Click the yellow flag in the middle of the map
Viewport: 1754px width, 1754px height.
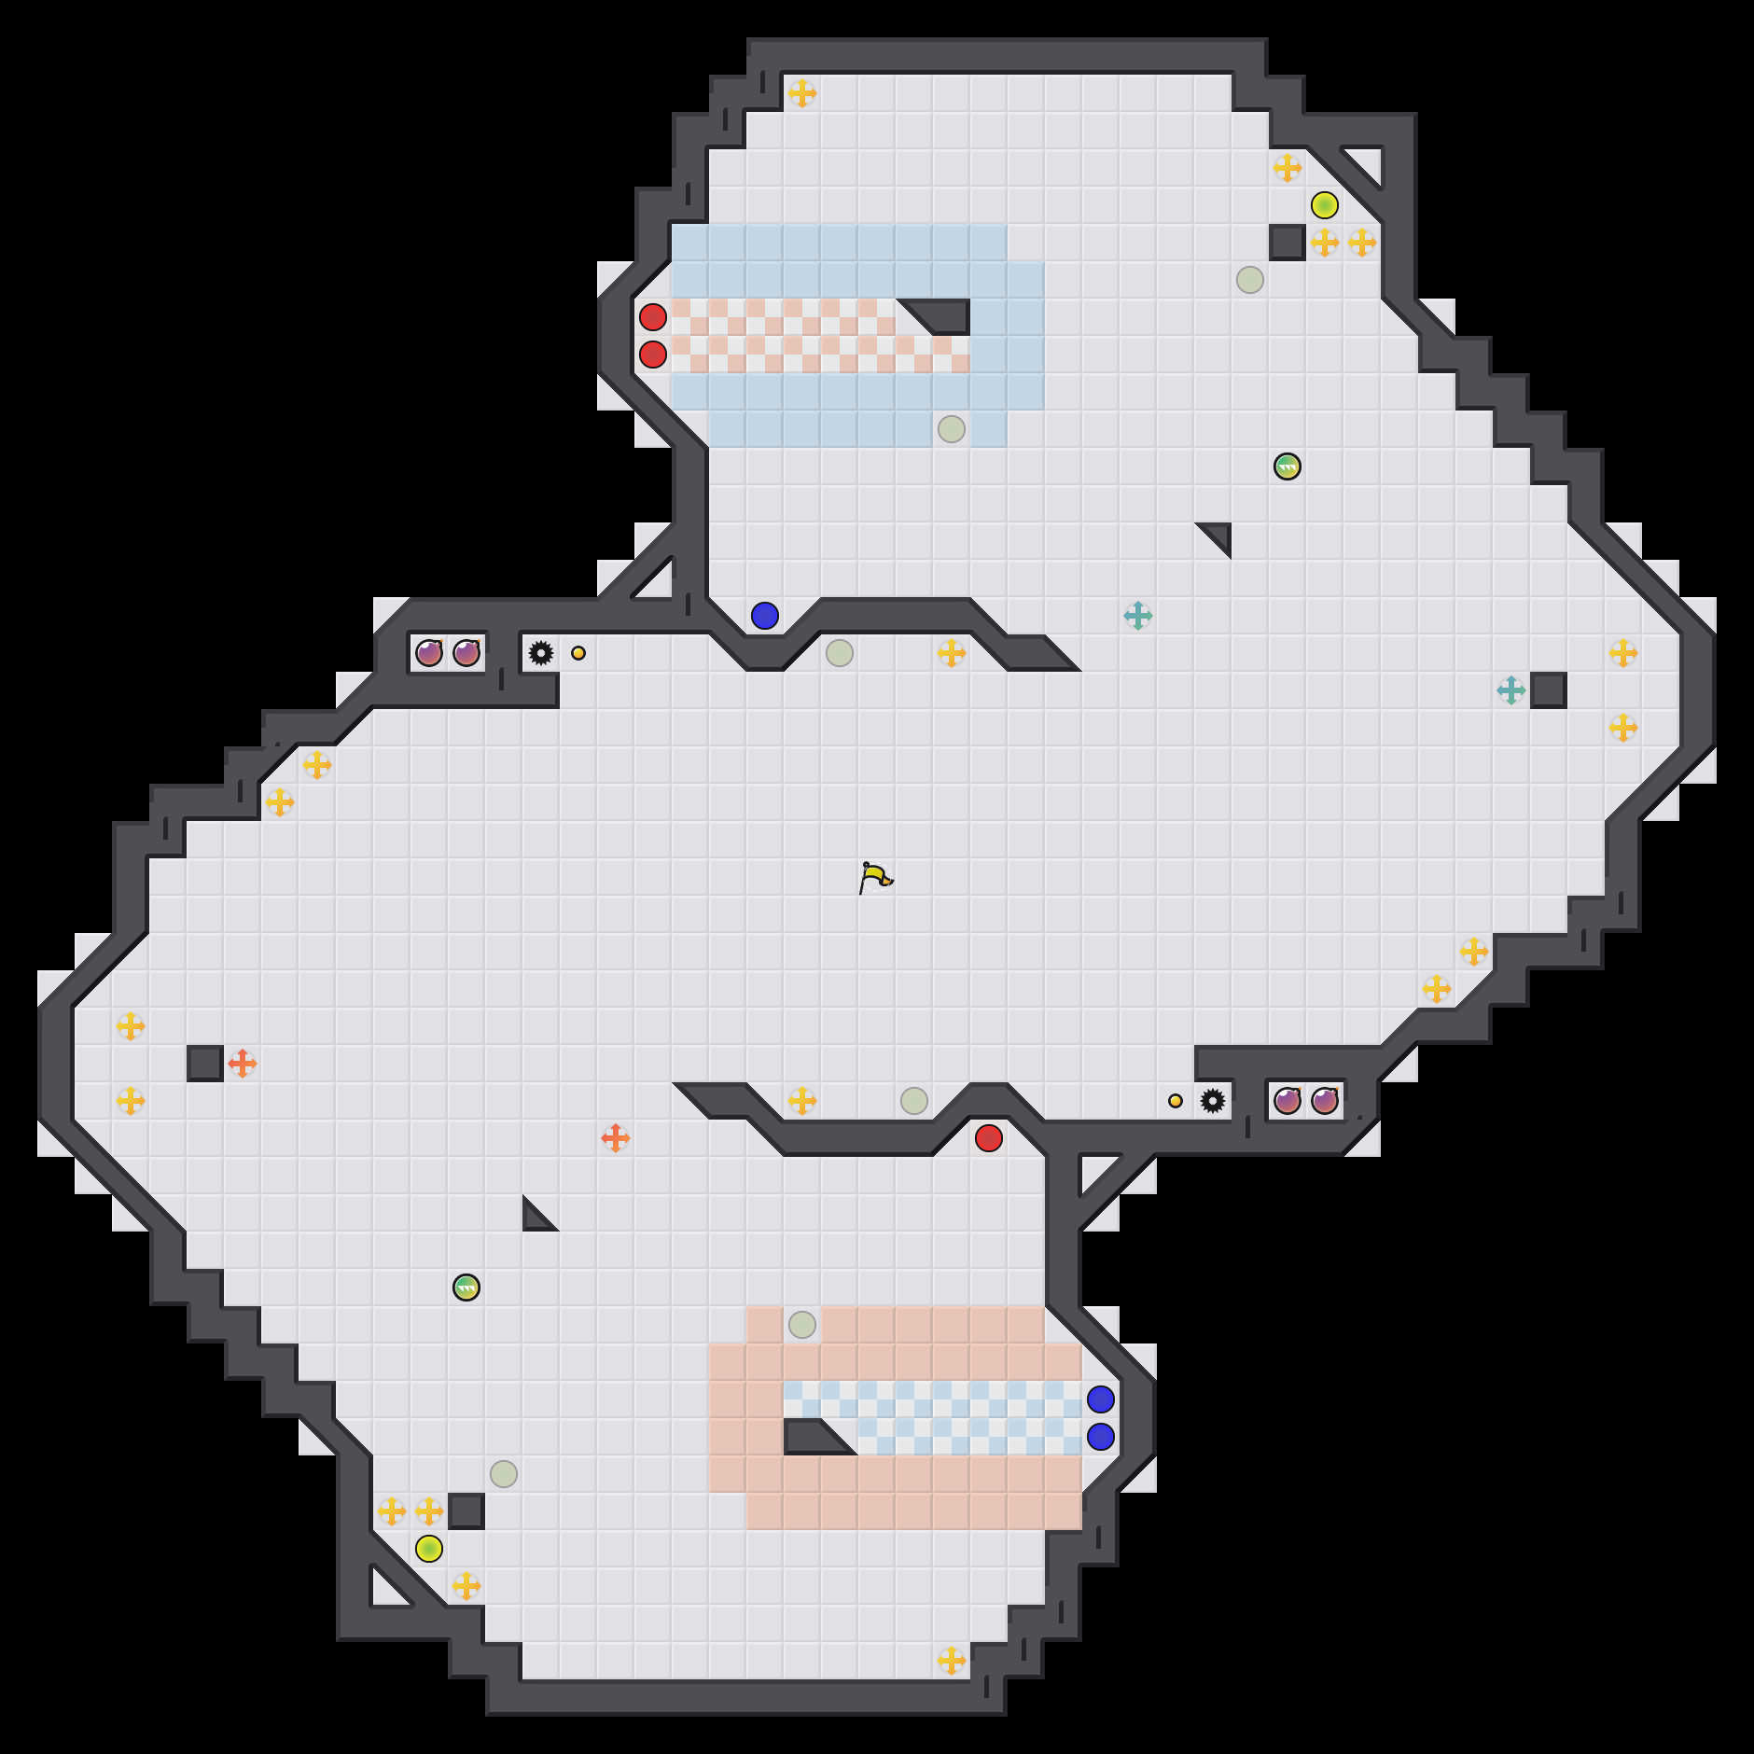(874, 877)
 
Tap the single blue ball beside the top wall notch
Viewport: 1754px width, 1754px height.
(765, 616)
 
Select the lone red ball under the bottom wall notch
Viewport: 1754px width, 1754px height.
(989, 1138)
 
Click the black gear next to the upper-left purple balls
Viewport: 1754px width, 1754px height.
(541, 653)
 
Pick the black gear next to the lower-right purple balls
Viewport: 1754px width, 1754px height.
(1213, 1101)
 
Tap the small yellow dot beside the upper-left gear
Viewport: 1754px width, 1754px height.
(578, 653)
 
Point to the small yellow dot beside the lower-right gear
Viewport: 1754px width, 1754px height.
(1176, 1101)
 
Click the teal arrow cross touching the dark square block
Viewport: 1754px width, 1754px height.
(1511, 690)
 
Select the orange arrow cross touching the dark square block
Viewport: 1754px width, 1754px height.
(243, 1064)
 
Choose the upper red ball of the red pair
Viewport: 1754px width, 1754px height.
(653, 317)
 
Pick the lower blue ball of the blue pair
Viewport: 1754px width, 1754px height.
(1101, 1437)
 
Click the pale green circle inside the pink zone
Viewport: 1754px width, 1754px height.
(802, 1325)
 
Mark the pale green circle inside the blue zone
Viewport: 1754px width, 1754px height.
(952, 429)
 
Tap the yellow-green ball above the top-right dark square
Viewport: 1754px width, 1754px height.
(1325, 205)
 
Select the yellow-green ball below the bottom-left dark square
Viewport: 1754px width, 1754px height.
(429, 1549)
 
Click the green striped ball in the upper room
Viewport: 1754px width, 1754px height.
(1288, 466)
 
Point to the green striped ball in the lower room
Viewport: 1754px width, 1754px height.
(466, 1288)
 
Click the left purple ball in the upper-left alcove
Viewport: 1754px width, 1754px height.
(429, 653)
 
